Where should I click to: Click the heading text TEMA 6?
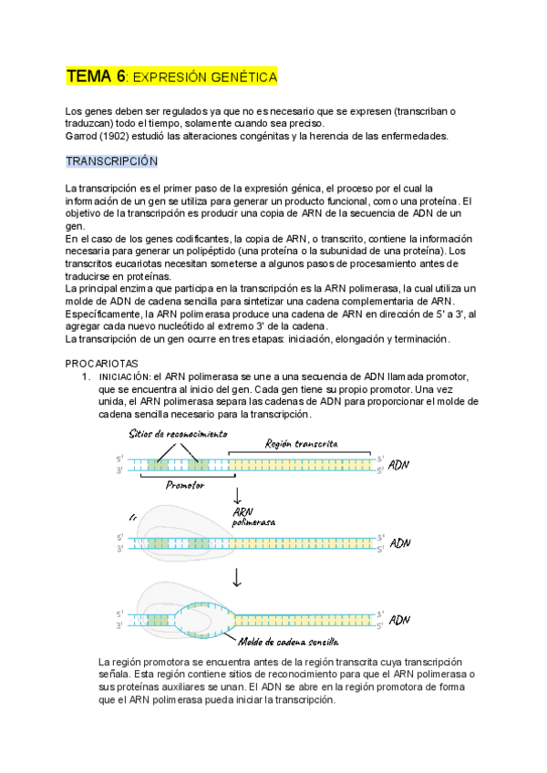click(x=96, y=77)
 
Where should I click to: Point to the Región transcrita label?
click(x=301, y=443)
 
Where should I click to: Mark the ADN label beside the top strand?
click(x=400, y=465)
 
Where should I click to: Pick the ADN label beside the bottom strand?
click(x=400, y=620)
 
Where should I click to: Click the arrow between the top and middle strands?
click(x=237, y=496)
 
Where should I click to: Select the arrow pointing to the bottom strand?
click(x=237, y=576)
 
